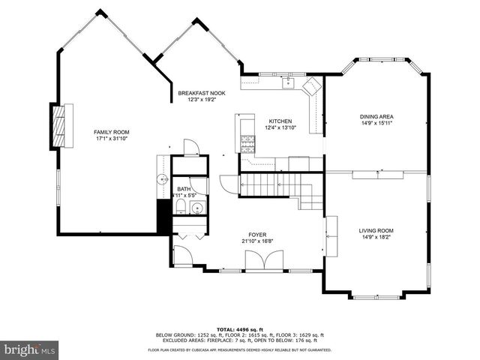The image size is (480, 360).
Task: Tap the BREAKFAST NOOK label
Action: pyautogui.click(x=196, y=93)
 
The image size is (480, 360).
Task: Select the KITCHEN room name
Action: pyautogui.click(x=280, y=121)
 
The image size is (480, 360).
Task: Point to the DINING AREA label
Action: pyautogui.click(x=376, y=116)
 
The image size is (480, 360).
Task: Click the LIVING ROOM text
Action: pyautogui.click(x=376, y=230)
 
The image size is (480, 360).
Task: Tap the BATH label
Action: pyautogui.click(x=184, y=189)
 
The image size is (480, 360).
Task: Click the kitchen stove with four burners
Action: pyautogui.click(x=247, y=142)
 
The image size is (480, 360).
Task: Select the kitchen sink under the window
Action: pyautogui.click(x=286, y=82)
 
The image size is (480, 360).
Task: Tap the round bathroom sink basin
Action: pyautogui.click(x=197, y=208)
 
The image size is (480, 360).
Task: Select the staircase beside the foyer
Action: pyautogui.click(x=277, y=186)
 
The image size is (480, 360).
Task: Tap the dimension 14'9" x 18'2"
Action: pyautogui.click(x=376, y=237)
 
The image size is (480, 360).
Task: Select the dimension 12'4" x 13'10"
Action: pyautogui.click(x=280, y=128)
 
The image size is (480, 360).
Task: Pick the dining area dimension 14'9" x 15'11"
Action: pyautogui.click(x=376, y=123)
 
